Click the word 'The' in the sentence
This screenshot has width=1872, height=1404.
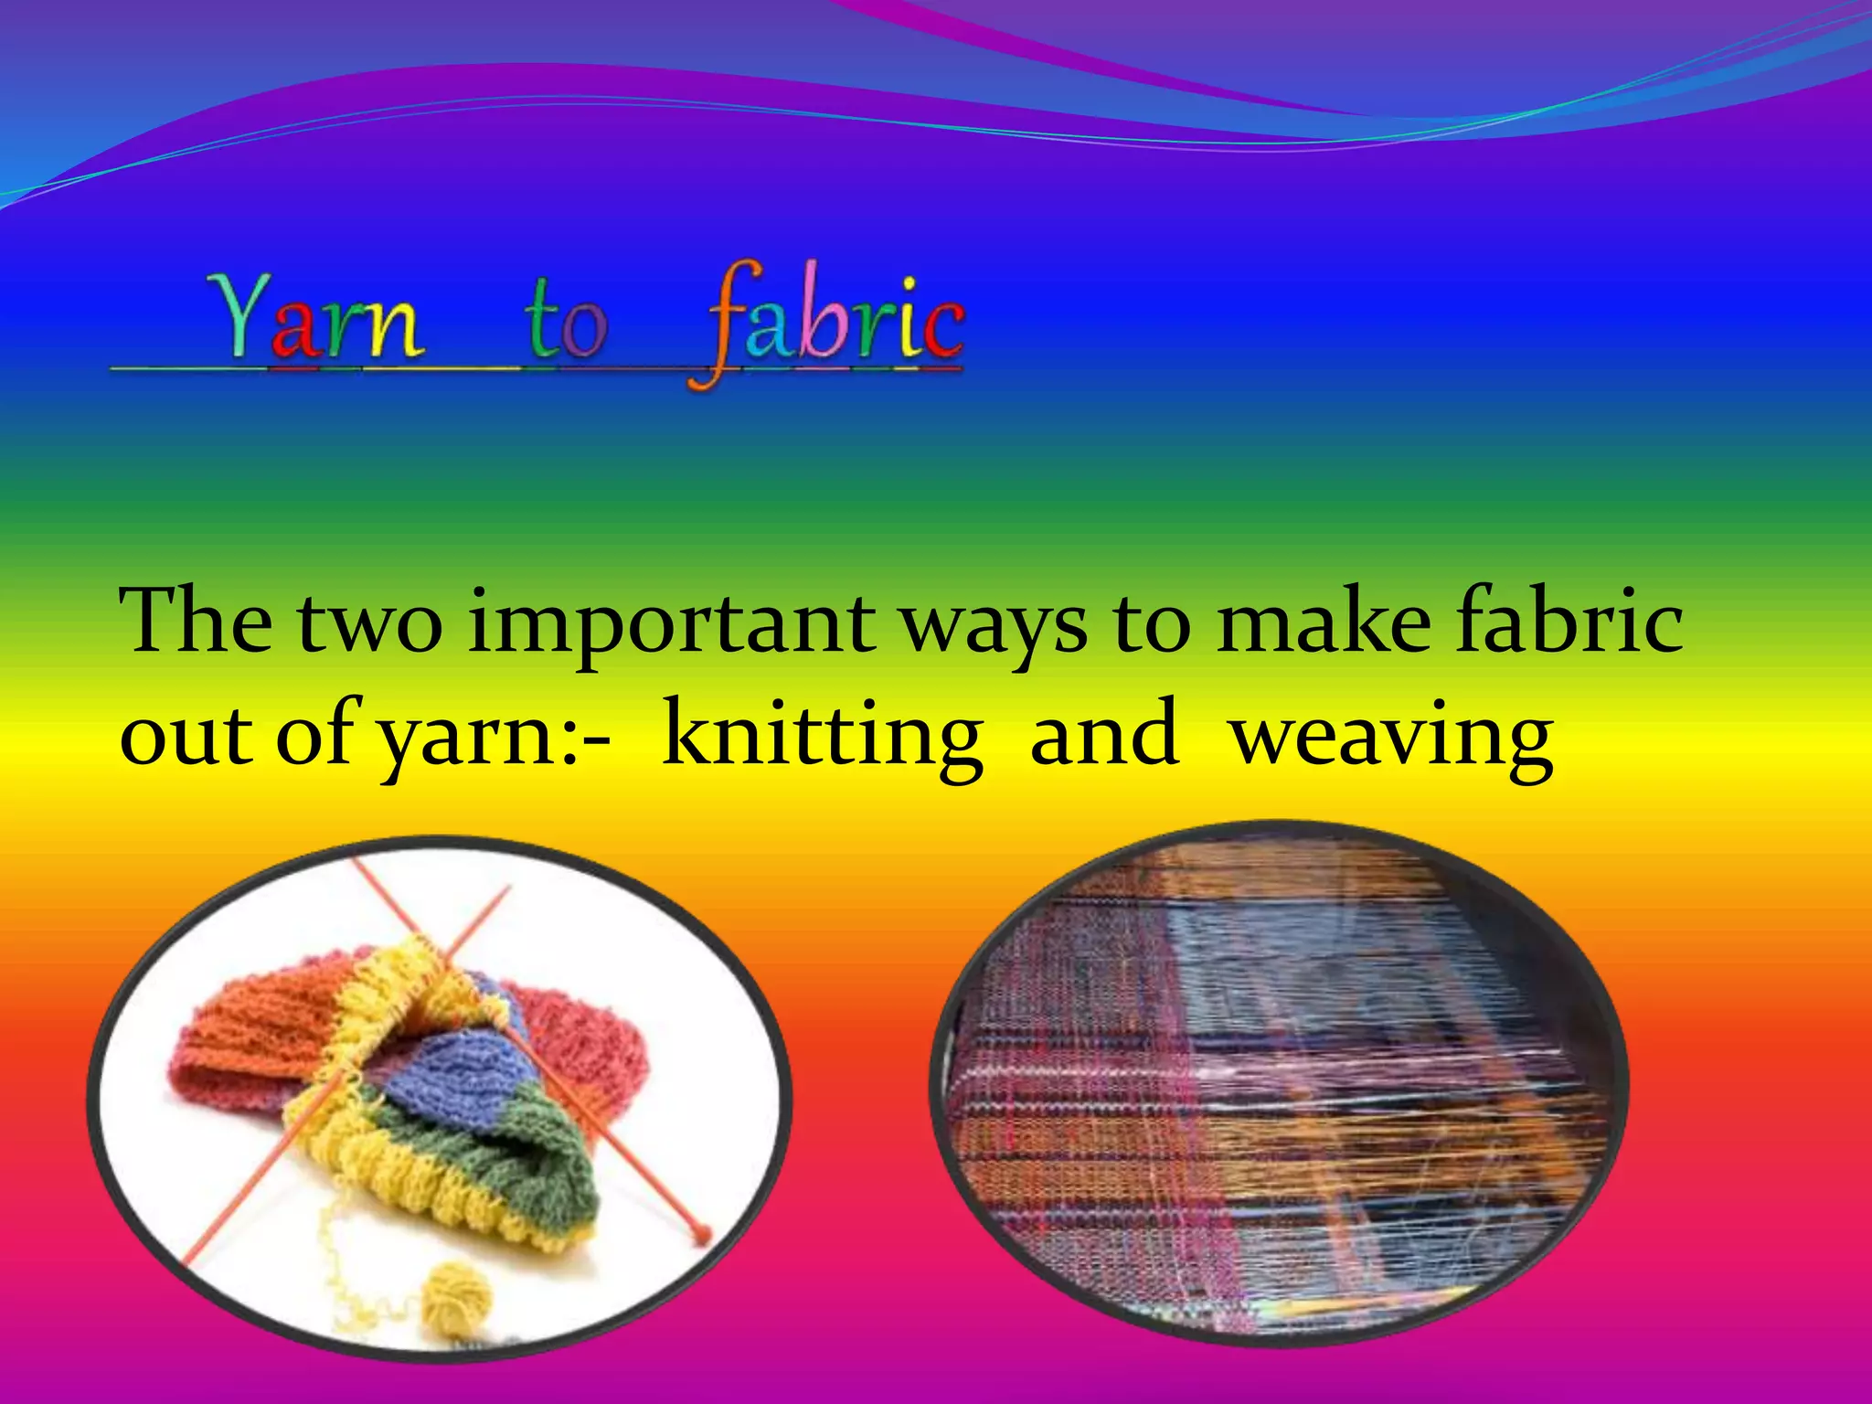click(196, 622)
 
